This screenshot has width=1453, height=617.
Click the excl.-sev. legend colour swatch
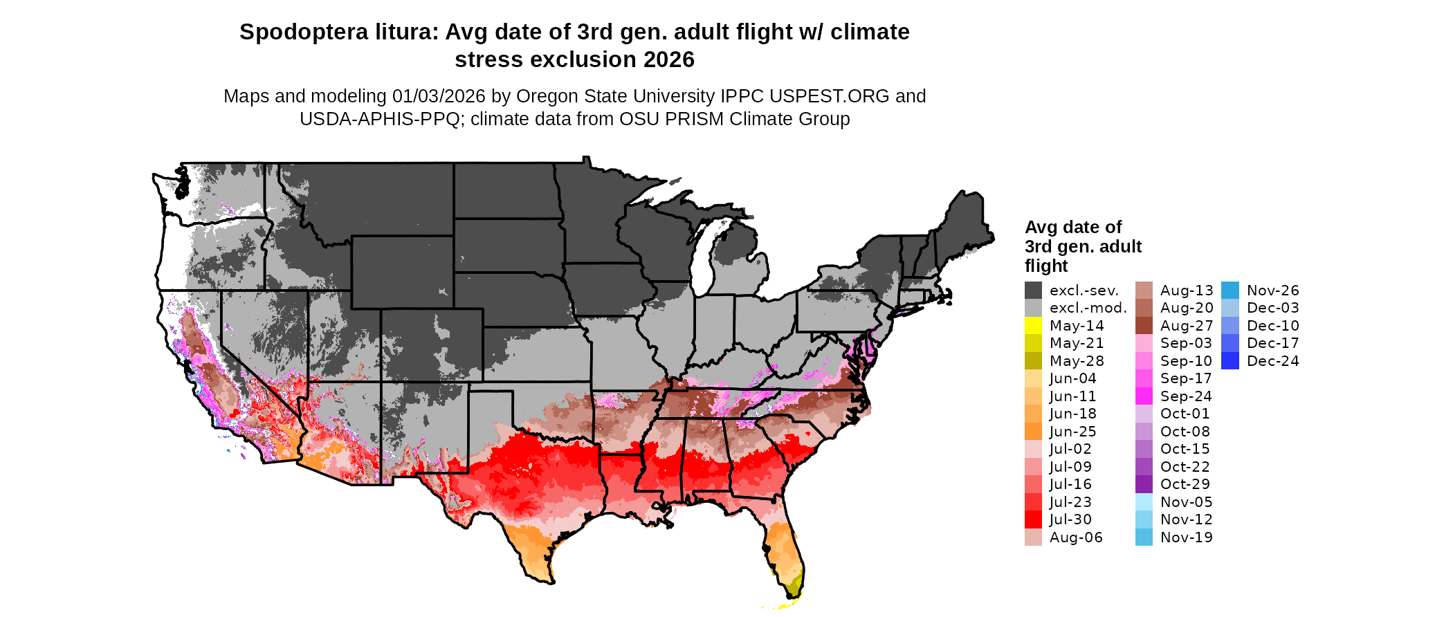(1033, 291)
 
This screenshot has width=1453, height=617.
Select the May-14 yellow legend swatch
(1033, 326)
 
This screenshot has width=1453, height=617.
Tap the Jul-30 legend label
(1070, 519)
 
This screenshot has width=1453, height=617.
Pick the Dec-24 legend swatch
(1230, 361)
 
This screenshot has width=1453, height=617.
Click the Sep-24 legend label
(1186, 396)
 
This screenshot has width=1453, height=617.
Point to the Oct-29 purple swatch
(1144, 484)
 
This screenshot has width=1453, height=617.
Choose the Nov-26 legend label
(1272, 291)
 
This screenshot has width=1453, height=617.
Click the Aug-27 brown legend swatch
(1144, 326)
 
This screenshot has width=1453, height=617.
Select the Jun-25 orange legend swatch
(1033, 432)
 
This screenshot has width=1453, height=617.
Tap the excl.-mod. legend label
(1088, 308)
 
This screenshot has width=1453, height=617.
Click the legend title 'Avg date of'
(1072, 228)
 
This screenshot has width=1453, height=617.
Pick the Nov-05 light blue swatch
(1144, 502)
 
